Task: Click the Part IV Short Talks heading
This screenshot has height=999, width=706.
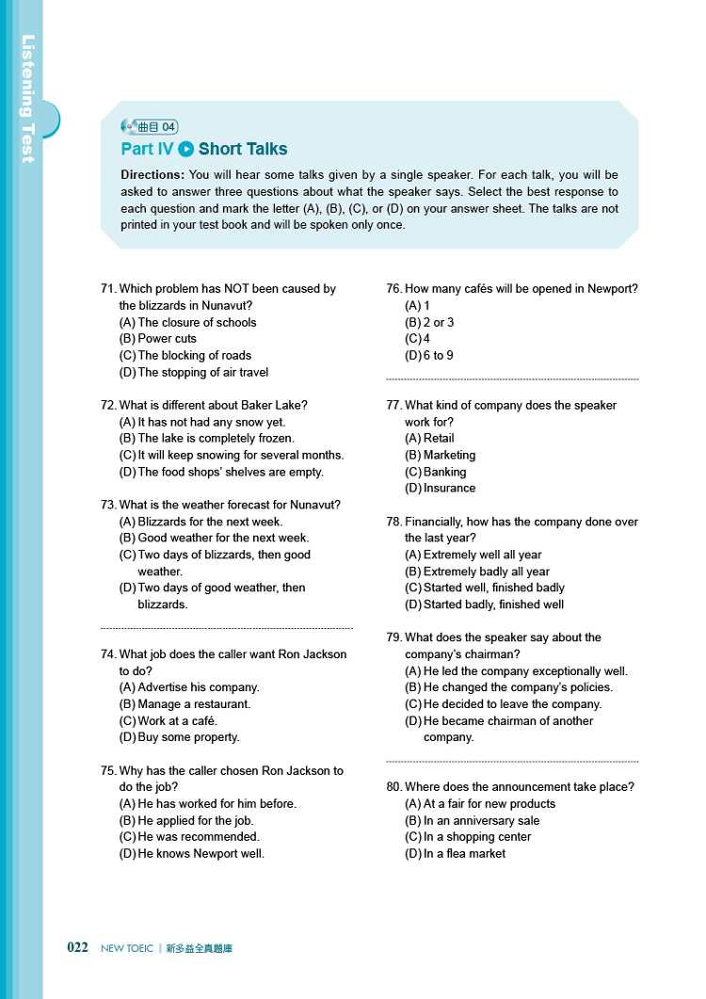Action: coord(204,149)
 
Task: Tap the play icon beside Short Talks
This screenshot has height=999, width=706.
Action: coord(185,149)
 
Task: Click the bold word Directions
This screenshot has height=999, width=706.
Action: coord(152,175)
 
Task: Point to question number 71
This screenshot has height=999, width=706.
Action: coord(108,289)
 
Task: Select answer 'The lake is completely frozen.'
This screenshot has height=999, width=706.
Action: coord(216,439)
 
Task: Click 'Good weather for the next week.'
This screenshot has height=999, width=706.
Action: coord(223,539)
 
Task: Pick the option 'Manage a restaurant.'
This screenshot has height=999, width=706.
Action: coord(194,704)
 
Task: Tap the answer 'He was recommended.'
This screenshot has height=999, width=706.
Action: coord(199,837)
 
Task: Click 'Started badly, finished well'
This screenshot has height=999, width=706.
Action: coord(493,604)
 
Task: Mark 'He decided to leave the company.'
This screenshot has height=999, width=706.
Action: coord(512,704)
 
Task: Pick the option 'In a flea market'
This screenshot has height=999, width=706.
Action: coord(464,854)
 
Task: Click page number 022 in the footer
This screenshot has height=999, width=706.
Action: coord(77,948)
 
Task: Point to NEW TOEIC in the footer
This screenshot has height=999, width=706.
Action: coord(126,949)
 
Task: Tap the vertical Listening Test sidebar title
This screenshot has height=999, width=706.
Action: coord(28,99)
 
